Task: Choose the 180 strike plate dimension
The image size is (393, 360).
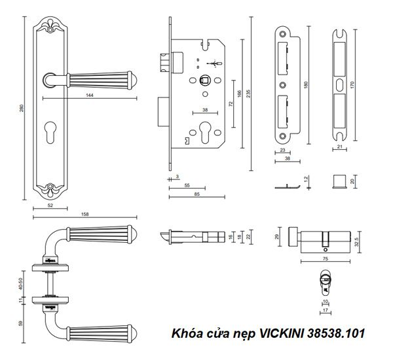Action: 306,84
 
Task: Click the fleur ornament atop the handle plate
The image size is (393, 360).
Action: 50,27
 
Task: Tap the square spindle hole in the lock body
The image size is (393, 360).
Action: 203,82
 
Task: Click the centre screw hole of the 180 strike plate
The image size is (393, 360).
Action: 282,85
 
